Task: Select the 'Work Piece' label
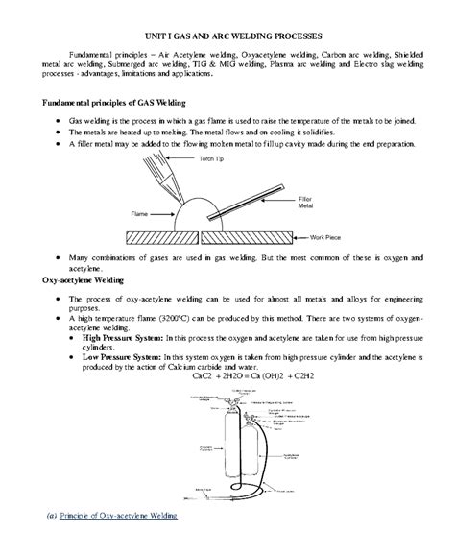[332, 235]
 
